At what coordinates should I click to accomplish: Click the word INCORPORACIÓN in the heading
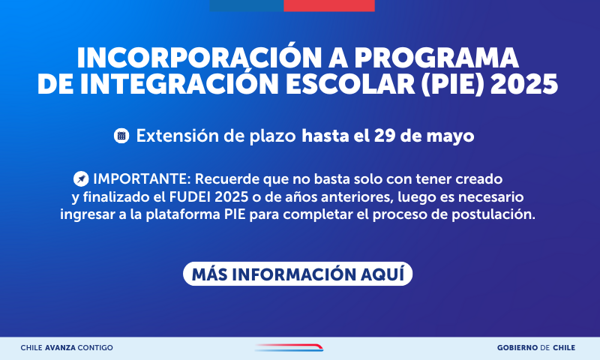(x=199, y=58)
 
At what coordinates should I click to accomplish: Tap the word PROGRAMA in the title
(x=436, y=58)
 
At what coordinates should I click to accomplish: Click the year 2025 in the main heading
(x=524, y=84)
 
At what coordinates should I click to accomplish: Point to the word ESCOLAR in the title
(x=350, y=84)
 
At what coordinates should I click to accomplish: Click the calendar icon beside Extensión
(x=121, y=136)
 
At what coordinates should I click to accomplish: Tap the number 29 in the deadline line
(x=385, y=136)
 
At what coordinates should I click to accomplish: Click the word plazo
(x=273, y=136)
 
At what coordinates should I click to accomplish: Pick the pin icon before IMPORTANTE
(x=81, y=179)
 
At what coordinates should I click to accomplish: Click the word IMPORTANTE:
(x=142, y=178)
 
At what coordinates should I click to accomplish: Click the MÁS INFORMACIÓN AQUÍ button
(x=298, y=274)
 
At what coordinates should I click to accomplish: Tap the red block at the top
(x=329, y=6)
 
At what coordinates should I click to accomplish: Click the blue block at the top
(x=247, y=6)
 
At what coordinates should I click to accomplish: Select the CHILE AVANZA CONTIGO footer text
(x=67, y=348)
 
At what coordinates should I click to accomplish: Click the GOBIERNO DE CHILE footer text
(x=536, y=348)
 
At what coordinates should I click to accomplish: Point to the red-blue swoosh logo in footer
(x=289, y=347)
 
